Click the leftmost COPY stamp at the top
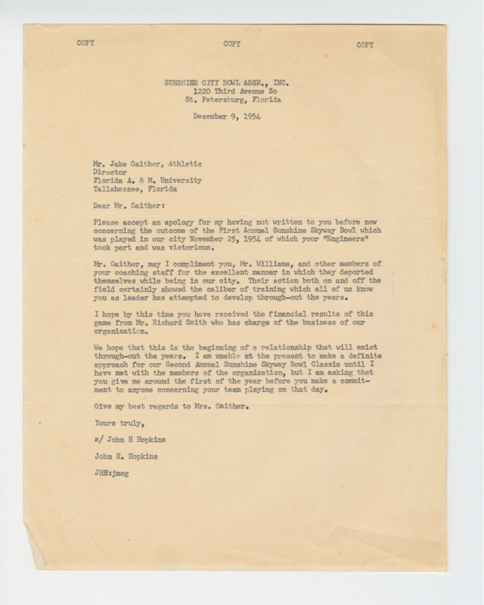tap(86, 43)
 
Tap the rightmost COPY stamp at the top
tap(365, 45)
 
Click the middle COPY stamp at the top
tap(231, 44)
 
